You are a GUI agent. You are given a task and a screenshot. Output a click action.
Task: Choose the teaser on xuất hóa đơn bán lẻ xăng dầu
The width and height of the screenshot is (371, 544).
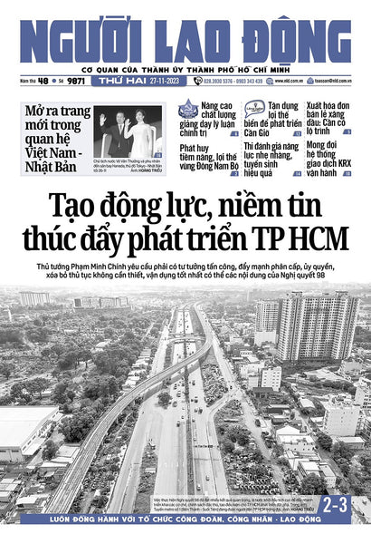click(329, 117)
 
